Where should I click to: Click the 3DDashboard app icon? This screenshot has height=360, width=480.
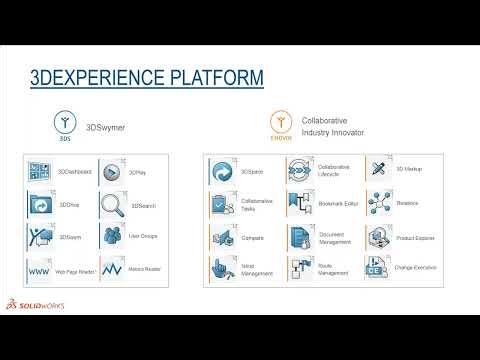[40, 172]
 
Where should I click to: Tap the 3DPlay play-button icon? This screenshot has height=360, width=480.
[113, 172]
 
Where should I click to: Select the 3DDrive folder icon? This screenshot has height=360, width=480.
[40, 204]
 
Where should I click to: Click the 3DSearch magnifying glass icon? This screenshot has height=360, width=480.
[113, 204]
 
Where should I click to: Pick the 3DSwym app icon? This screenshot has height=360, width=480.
[40, 237]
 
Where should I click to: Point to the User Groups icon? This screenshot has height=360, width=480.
[113, 237]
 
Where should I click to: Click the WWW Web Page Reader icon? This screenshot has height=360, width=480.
[40, 270]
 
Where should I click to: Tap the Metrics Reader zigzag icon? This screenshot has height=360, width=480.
[113, 270]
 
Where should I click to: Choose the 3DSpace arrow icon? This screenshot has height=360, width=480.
[222, 171]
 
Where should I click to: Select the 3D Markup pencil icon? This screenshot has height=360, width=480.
[380, 170]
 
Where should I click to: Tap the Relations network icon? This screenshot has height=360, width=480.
[380, 204]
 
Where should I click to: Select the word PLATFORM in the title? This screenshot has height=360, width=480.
[211, 77]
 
